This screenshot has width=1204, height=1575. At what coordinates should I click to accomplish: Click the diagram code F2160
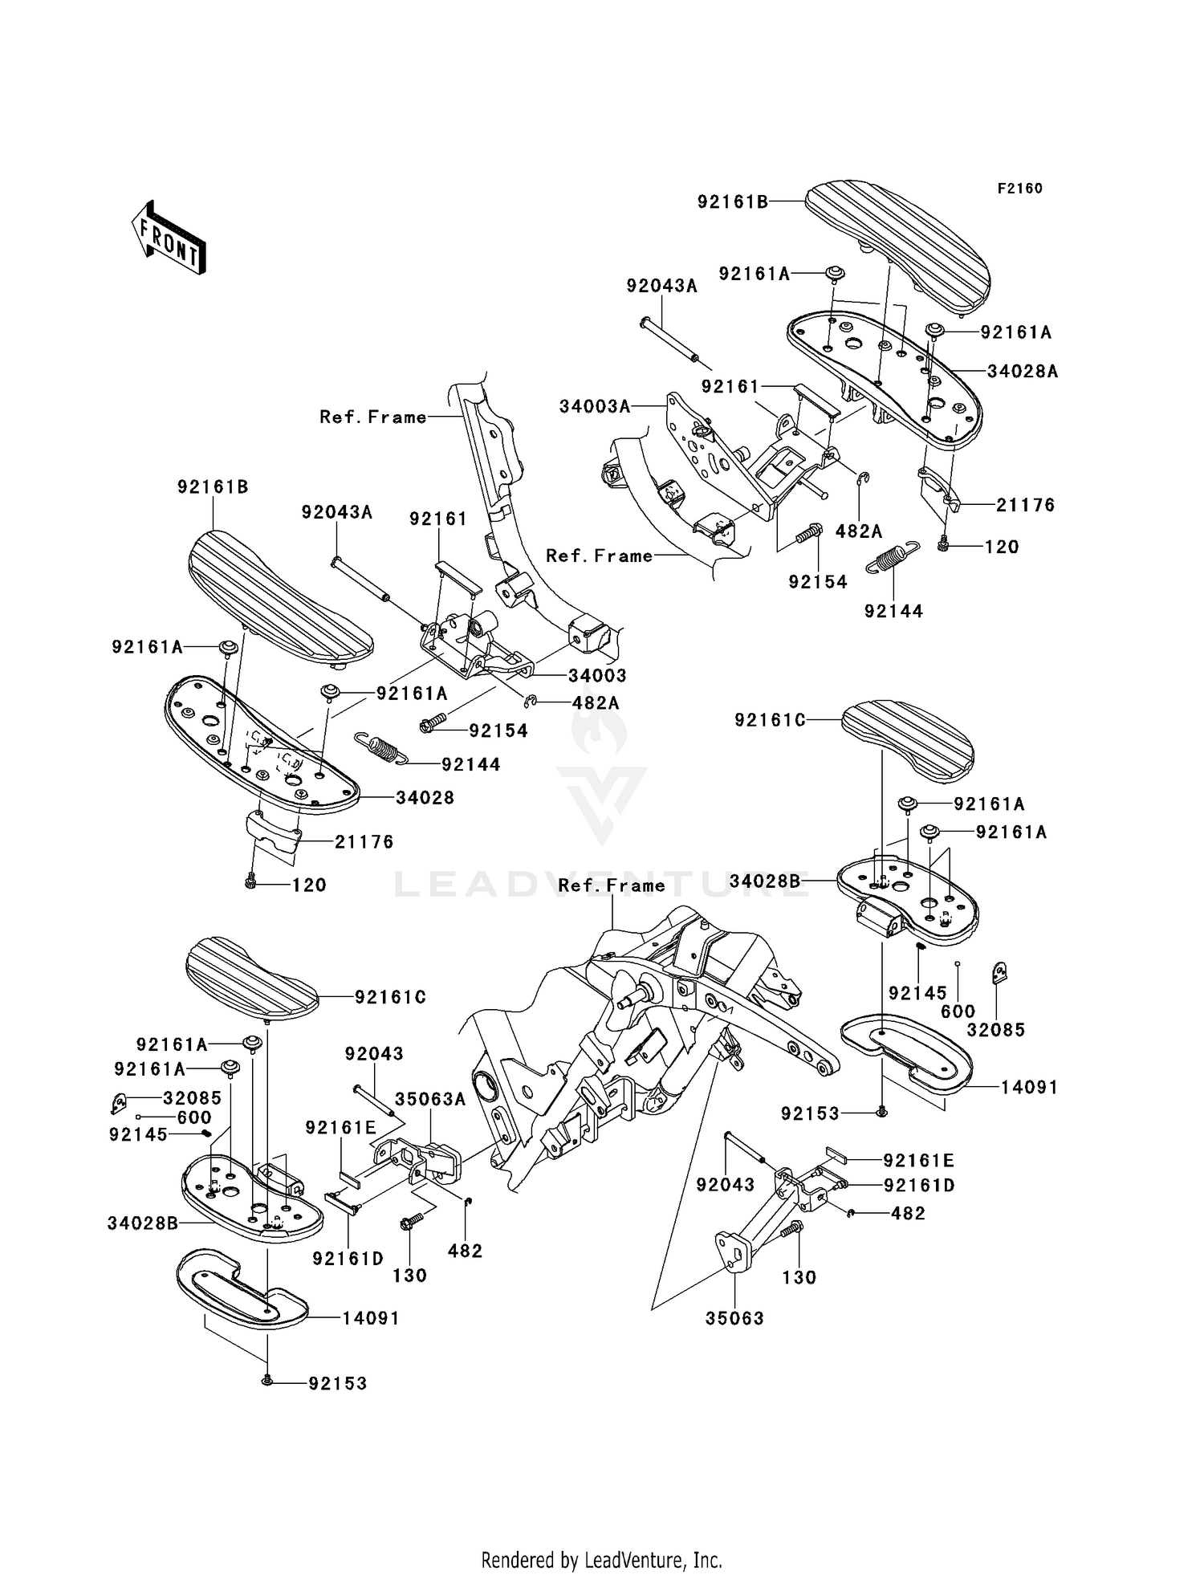[x=1019, y=189]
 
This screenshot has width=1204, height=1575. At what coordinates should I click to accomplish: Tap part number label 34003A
[x=595, y=406]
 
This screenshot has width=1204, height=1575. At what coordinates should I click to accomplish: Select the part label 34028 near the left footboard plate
[x=425, y=797]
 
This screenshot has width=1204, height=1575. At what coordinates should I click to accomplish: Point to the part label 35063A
[x=430, y=1099]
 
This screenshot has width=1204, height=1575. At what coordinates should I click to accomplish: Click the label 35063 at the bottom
[x=734, y=1317]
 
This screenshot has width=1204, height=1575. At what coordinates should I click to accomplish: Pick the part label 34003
[x=597, y=676]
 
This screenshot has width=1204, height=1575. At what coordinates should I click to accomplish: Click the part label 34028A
[x=1023, y=371]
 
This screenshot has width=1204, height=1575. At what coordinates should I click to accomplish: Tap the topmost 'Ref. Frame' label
[x=373, y=417]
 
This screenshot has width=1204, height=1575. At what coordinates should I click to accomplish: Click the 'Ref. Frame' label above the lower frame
[x=612, y=885]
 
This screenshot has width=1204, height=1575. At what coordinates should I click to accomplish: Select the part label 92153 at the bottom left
[x=337, y=1383]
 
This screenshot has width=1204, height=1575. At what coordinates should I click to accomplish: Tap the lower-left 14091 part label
[x=371, y=1318]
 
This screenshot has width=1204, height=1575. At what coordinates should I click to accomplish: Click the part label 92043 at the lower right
[x=726, y=1184]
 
